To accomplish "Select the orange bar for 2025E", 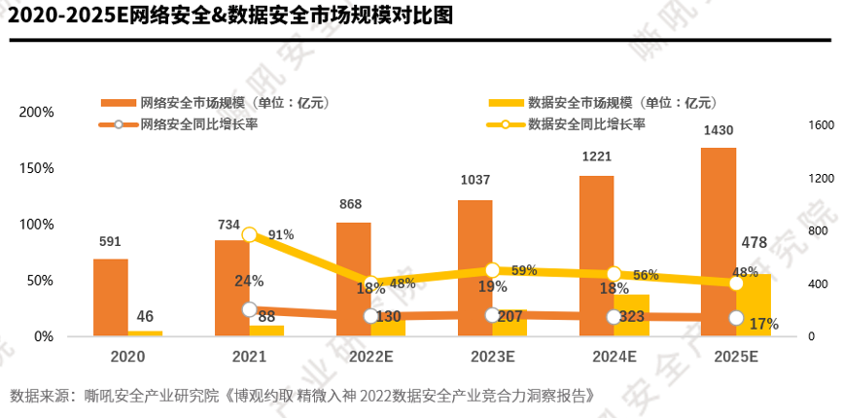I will [x=719, y=242].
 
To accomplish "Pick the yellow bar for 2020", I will [x=146, y=332].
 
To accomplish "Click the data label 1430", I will [x=719, y=130].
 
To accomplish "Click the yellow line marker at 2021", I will [x=250, y=234].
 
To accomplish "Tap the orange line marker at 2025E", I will [x=736, y=318].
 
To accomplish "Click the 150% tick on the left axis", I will [x=38, y=168].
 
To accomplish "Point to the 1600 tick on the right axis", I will [x=822, y=125].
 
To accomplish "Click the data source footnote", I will [x=301, y=396].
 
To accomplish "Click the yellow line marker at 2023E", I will [x=492, y=270].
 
